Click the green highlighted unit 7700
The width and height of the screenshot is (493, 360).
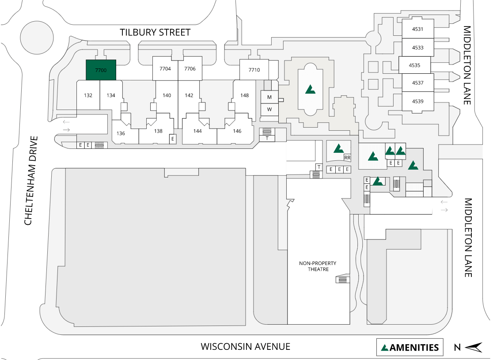coord(101,70)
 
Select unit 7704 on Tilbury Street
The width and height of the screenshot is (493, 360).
coord(165,69)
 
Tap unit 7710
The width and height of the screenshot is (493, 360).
coord(254,70)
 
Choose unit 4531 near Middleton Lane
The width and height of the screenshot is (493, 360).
coord(417,30)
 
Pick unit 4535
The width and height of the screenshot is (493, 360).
coord(414,65)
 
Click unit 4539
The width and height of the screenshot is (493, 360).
coord(417,101)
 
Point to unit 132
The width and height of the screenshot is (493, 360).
coord(88,95)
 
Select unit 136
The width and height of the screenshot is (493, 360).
coord(121,133)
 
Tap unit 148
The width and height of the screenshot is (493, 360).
coord(244,95)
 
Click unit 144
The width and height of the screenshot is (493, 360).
coord(197,131)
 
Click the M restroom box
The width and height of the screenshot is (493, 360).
coord(269,97)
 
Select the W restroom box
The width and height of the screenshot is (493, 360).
coord(269,110)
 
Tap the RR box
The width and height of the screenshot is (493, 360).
coord(347,158)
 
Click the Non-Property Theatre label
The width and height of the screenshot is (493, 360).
coord(318,266)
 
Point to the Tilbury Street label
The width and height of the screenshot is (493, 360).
coord(155,32)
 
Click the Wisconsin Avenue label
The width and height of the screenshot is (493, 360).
coord(246,347)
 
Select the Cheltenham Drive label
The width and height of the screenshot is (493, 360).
coord(28,180)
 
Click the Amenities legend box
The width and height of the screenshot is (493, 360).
coord(410,347)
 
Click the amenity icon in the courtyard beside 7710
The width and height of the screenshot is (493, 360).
coord(310,89)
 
